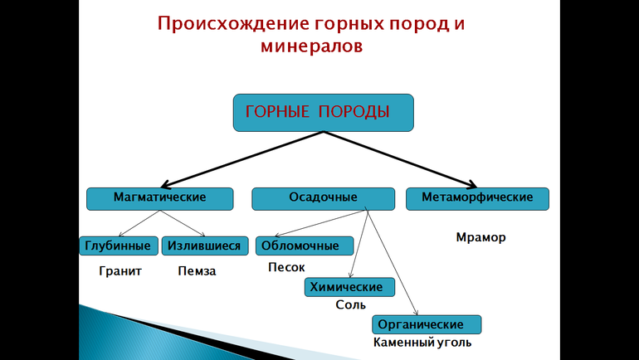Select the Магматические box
(159, 198)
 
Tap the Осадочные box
(323, 198)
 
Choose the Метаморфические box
(477, 198)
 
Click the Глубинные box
(119, 246)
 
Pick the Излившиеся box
(204, 246)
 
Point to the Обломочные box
(304, 246)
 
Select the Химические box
(349, 287)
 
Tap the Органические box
(428, 324)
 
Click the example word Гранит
(120, 271)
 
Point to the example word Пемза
(197, 271)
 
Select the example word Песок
(287, 267)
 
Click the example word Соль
(351, 304)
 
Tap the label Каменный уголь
(422, 342)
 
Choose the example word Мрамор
(480, 237)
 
